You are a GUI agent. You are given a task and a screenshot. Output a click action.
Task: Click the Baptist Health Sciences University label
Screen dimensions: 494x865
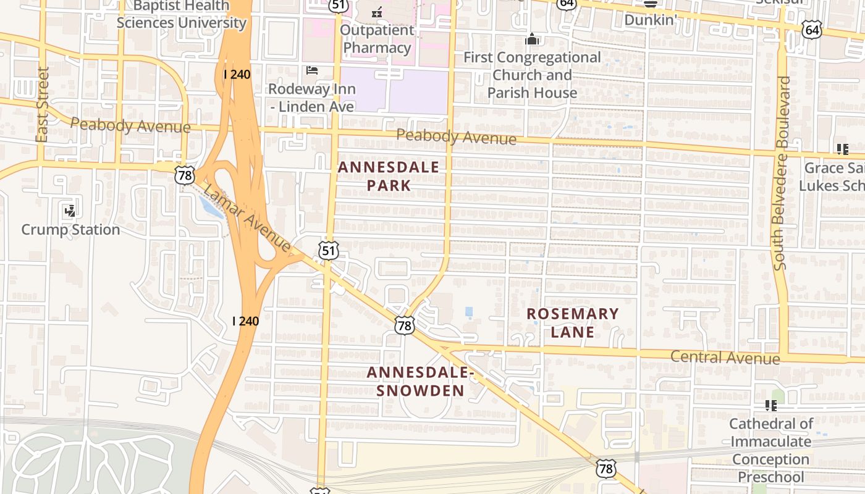pos(181,15)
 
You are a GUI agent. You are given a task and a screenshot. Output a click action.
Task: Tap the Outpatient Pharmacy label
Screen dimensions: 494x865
pos(377,39)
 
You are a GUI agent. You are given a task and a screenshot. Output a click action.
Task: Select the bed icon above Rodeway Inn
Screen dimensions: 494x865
pos(312,70)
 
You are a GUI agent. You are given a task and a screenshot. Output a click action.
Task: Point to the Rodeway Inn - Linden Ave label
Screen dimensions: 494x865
pos(312,98)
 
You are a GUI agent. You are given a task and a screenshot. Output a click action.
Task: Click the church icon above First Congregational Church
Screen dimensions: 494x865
pos(532,40)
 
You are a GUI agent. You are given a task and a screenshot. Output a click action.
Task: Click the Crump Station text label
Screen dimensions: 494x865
pos(70,230)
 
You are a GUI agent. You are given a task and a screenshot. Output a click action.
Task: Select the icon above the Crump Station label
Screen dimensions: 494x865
pos(70,211)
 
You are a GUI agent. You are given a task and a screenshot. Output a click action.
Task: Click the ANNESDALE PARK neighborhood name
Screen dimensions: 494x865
pos(389,176)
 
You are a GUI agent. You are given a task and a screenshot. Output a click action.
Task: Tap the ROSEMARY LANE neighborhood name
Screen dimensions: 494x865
pos(572,322)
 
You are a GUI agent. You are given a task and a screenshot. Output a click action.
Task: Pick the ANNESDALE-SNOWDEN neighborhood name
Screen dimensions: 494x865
pos(420,382)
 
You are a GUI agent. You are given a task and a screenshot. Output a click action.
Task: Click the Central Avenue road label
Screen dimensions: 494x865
pos(725,357)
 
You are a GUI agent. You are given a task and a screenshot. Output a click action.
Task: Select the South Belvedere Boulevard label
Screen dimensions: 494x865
pos(781,173)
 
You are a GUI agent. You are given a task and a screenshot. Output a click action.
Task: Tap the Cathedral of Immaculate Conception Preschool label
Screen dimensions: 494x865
pos(770,450)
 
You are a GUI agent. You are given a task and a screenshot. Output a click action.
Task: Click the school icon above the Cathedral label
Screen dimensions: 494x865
pos(770,405)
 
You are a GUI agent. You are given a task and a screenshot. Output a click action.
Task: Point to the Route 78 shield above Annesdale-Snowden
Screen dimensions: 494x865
pos(405,325)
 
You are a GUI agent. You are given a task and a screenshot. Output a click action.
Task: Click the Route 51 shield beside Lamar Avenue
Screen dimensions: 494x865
pos(329,250)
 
